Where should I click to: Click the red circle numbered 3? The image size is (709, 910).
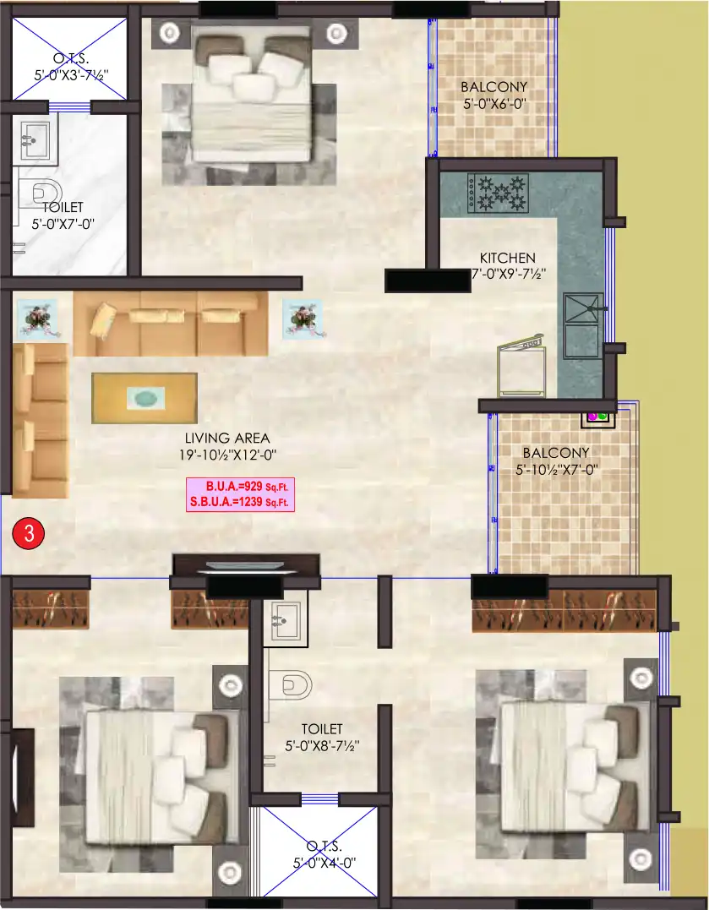coord(29,533)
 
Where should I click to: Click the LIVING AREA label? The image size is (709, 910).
coord(227,438)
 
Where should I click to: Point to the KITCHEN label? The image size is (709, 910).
coord(507,258)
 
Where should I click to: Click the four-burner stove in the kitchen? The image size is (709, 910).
coord(498,193)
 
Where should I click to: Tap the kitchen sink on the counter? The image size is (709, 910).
coord(583,321)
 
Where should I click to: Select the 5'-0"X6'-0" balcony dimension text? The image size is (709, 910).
coord(494,105)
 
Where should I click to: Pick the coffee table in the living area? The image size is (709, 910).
coord(145,397)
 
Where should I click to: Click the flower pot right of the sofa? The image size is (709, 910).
coord(300,319)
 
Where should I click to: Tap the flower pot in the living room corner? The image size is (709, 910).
coord(35,319)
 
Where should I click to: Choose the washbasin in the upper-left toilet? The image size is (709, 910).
coord(35,139)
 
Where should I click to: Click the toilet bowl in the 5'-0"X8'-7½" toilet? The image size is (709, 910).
coord(291,684)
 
